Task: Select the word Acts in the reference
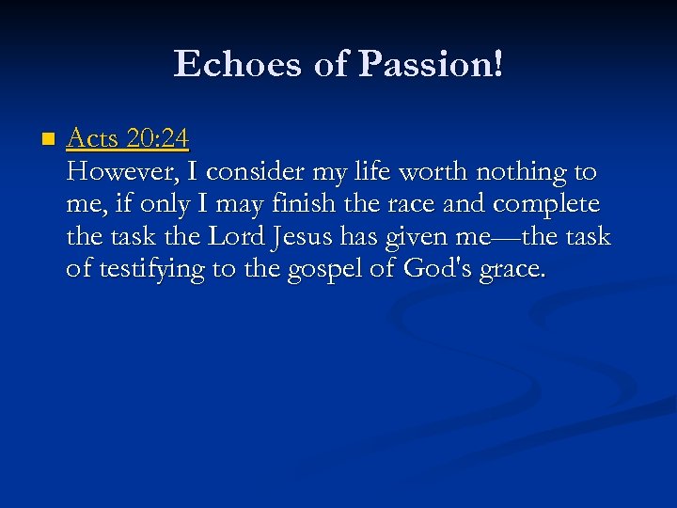point(92,139)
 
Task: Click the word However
point(117,172)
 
